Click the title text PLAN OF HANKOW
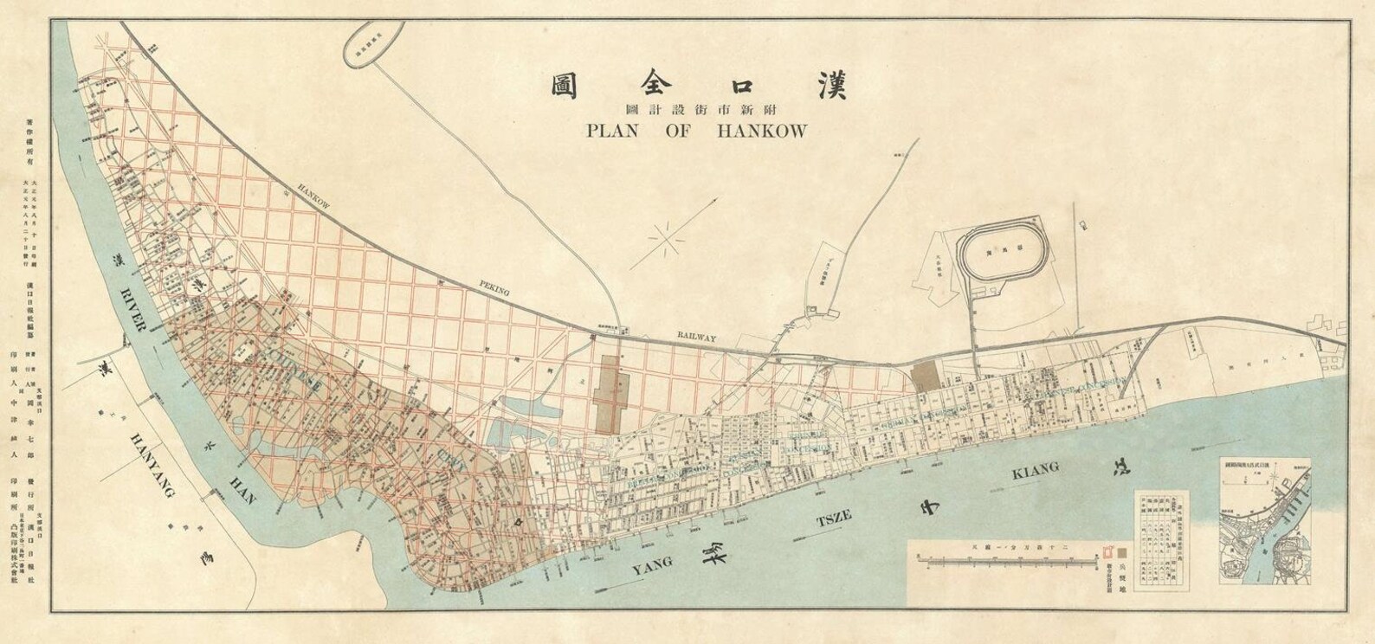point(697,132)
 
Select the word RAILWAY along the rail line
point(697,338)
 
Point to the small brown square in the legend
point(1123,550)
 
